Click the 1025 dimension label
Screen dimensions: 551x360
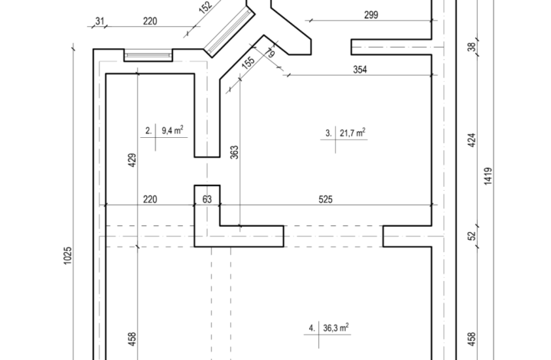68,256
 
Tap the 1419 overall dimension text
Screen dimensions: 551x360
488,176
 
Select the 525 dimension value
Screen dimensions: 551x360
325,199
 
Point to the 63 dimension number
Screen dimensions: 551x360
207,199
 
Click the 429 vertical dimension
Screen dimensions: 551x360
132,160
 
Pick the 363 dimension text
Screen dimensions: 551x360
234,152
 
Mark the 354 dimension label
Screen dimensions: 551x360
360,70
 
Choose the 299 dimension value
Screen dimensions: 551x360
371,15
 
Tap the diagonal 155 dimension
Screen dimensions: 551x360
249,62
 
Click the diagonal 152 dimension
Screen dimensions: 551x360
206,7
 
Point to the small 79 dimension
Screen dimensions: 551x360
270,53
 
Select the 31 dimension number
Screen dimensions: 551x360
99,21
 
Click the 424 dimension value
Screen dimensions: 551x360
472,140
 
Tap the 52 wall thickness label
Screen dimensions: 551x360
472,236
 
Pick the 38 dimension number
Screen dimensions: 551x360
472,47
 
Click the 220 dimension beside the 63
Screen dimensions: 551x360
150,199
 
